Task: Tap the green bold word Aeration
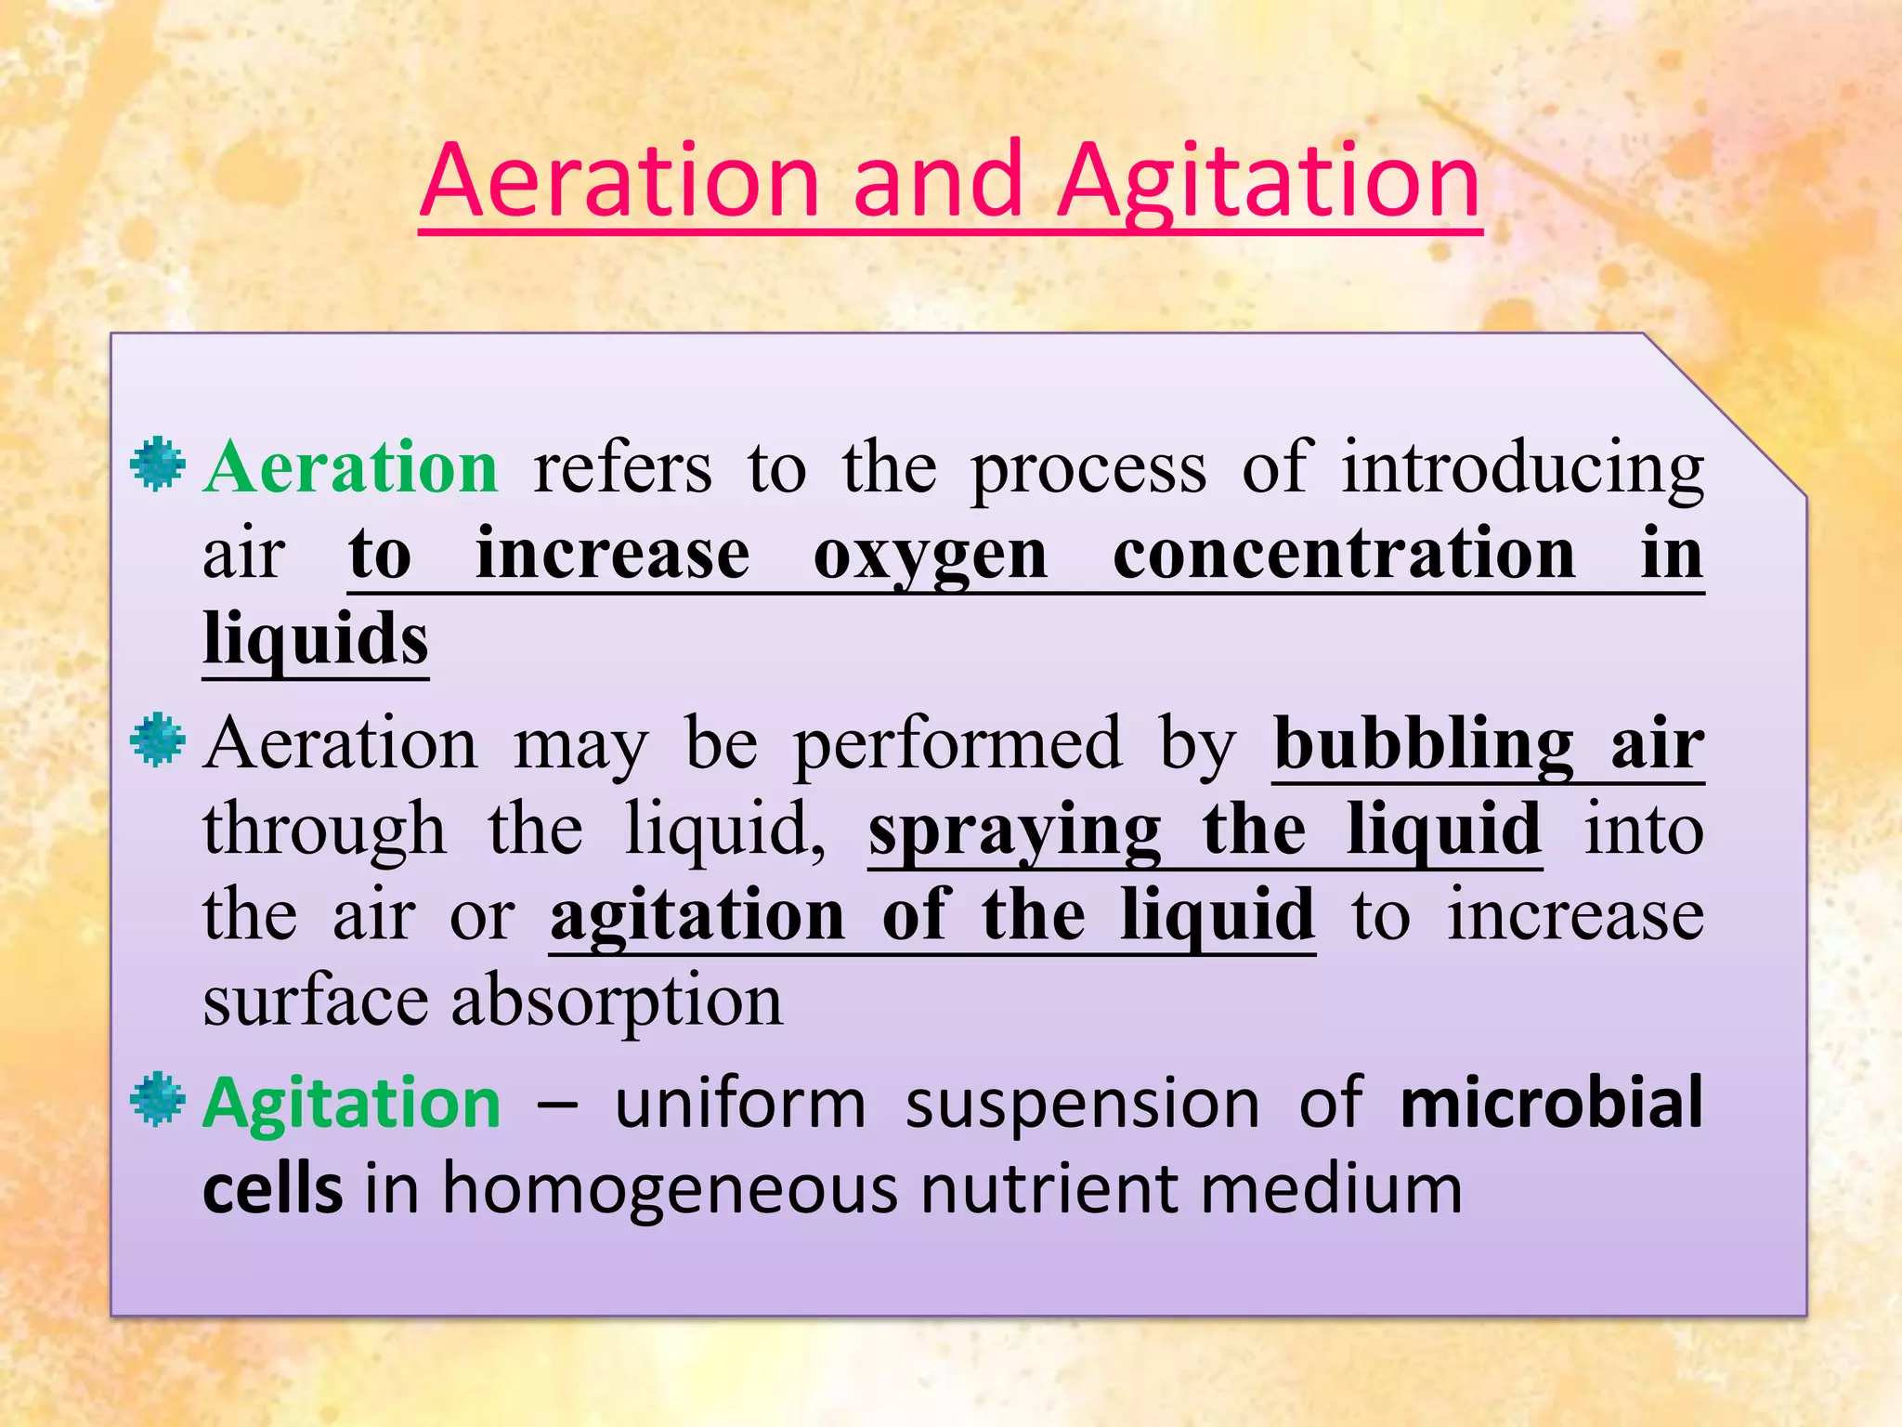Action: click(351, 466)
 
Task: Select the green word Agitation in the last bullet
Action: click(352, 1104)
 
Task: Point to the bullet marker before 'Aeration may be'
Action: click(158, 740)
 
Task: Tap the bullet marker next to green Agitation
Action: click(158, 1098)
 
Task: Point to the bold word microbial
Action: click(1551, 1103)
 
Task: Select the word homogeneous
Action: click(670, 1189)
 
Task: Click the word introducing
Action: click(1523, 468)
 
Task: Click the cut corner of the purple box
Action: click(1726, 414)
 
